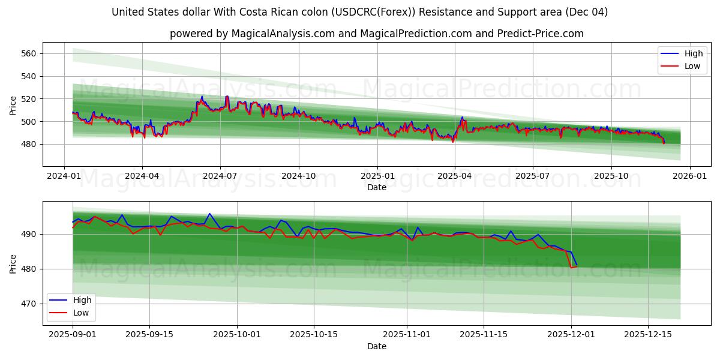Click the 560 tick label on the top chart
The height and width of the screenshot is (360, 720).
(29, 53)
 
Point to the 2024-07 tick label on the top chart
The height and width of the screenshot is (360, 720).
(220, 176)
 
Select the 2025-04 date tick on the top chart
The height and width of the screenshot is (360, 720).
(454, 176)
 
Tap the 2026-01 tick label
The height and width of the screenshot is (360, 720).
(689, 176)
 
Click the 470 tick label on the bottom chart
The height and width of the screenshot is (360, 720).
(29, 304)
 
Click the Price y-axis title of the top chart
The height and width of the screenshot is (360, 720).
(13, 104)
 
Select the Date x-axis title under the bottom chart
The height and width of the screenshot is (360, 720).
(377, 346)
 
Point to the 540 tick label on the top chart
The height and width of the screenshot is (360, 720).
(29, 76)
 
